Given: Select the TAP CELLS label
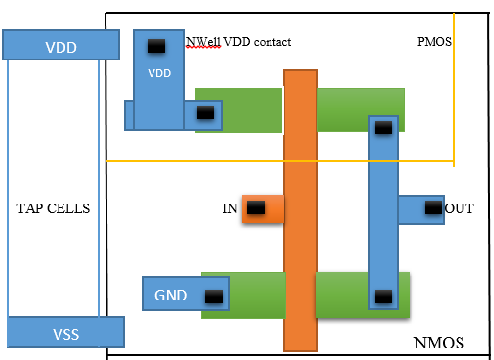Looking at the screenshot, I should pos(53,208).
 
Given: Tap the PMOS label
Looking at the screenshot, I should pos(435,43).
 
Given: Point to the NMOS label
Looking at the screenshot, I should pos(438,342).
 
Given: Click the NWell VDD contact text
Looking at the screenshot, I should pos(238,42).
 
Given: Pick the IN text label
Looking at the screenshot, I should pos(229,207).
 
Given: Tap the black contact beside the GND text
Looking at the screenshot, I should pos(214,296).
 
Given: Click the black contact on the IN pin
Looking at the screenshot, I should pos(256,207).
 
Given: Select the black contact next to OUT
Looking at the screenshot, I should pos(434,207).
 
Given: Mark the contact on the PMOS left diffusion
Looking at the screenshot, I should pos(204,112).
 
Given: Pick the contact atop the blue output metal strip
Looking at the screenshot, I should pos(383,127).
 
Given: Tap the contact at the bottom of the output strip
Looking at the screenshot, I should pos(383,297).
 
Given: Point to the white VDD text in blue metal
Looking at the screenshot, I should pos(158,73).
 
